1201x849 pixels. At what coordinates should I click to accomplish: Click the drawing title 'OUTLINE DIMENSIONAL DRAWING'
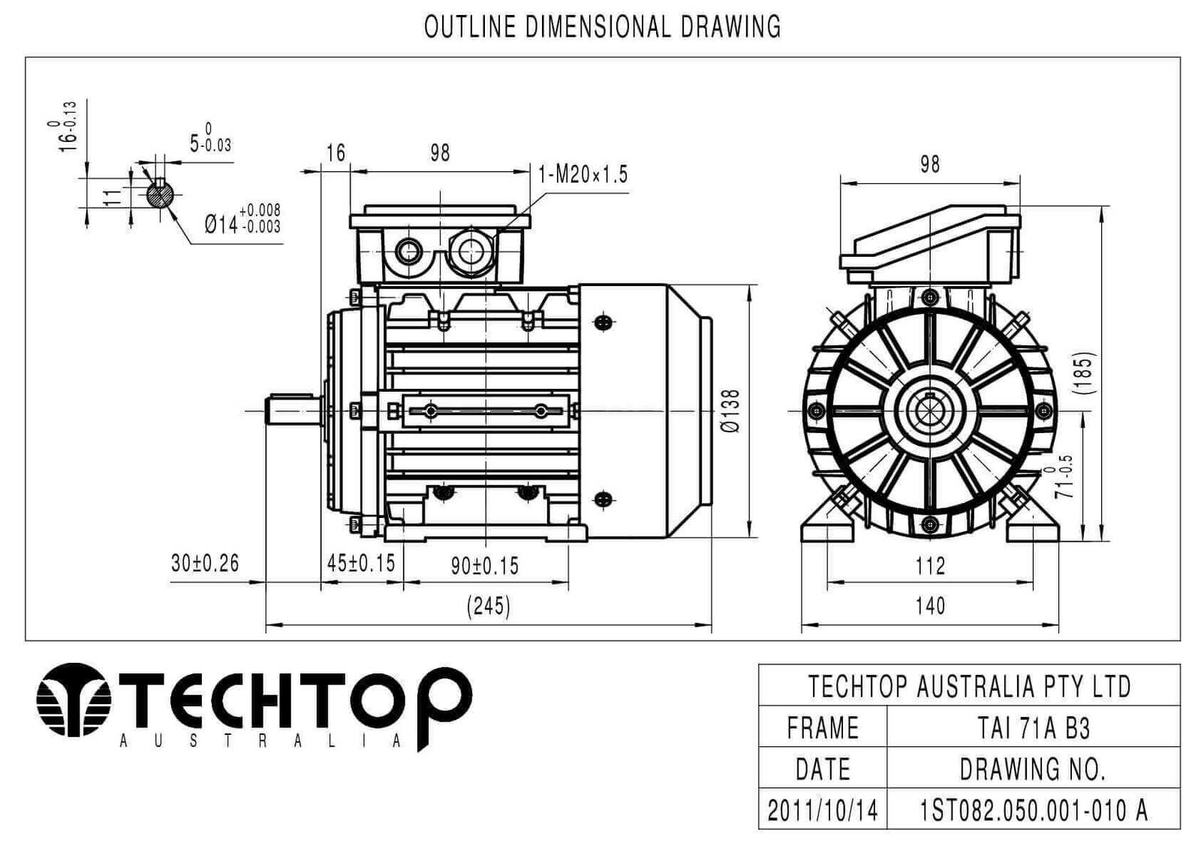tap(602, 27)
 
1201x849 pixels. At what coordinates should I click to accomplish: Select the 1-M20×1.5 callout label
tap(582, 174)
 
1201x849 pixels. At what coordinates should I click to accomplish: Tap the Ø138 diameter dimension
tap(731, 411)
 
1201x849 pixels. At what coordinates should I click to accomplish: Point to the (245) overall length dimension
tap(489, 606)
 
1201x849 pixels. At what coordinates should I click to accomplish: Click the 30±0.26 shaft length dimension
tap(205, 564)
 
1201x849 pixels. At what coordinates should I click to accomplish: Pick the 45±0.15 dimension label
tap(361, 563)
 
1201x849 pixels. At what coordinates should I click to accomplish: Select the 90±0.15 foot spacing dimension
tap(485, 566)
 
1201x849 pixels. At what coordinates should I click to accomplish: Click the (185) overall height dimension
tap(1084, 373)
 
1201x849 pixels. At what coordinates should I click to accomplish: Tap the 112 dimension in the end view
tap(930, 566)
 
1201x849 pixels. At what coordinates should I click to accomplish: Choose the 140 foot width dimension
tap(930, 606)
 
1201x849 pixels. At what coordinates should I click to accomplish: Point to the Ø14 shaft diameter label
tap(243, 219)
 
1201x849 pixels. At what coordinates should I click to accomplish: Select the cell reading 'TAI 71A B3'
tap(1034, 728)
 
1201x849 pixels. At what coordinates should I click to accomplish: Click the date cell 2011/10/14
tap(823, 810)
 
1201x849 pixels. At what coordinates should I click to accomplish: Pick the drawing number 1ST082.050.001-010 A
tap(1034, 810)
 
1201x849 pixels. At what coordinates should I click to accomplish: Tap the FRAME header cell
tap(823, 728)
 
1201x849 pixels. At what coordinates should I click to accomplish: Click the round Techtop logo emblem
tap(74, 700)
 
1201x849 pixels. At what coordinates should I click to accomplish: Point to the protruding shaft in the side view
tap(295, 411)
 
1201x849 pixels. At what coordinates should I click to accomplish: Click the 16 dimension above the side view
tap(336, 153)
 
